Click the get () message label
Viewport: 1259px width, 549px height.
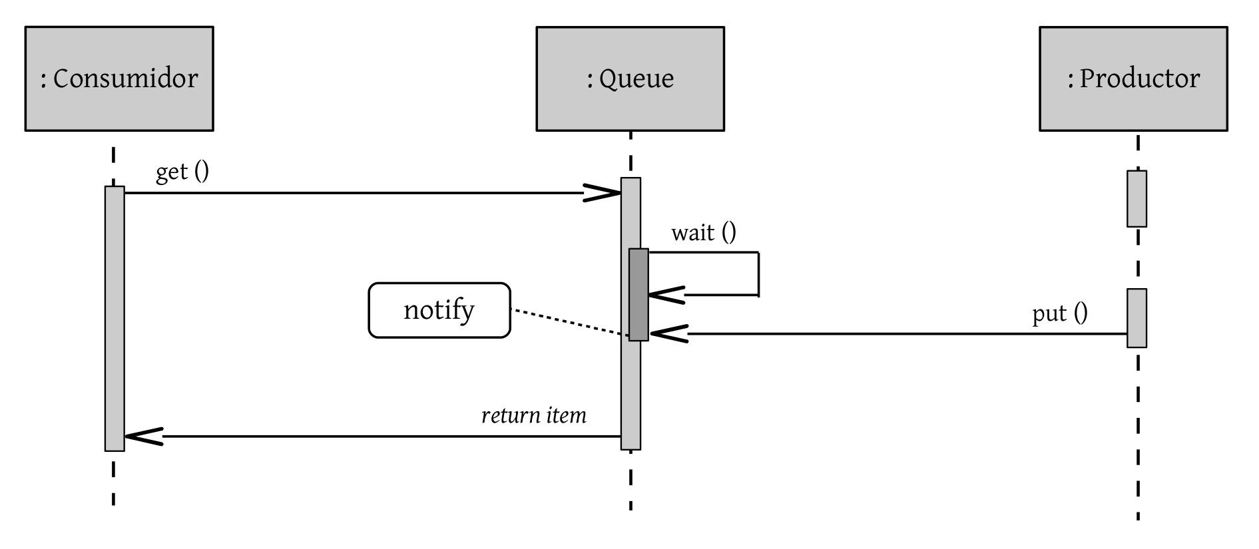(182, 171)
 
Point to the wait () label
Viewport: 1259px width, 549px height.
(704, 232)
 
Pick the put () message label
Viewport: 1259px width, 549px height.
(1060, 313)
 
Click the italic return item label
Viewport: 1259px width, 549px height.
(534, 416)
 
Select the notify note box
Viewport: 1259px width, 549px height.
(439, 310)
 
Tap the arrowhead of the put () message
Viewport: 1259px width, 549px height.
(668, 333)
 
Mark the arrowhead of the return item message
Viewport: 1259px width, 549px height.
(142, 437)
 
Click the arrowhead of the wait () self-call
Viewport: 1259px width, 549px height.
(665, 295)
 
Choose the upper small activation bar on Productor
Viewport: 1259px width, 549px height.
(1136, 199)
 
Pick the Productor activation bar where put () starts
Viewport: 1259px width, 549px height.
(1136, 318)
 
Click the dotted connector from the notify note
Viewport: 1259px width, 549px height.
(569, 322)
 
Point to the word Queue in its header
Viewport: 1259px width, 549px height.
(636, 79)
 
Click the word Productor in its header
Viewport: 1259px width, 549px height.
(1139, 79)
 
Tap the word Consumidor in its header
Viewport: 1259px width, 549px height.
(125, 79)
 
